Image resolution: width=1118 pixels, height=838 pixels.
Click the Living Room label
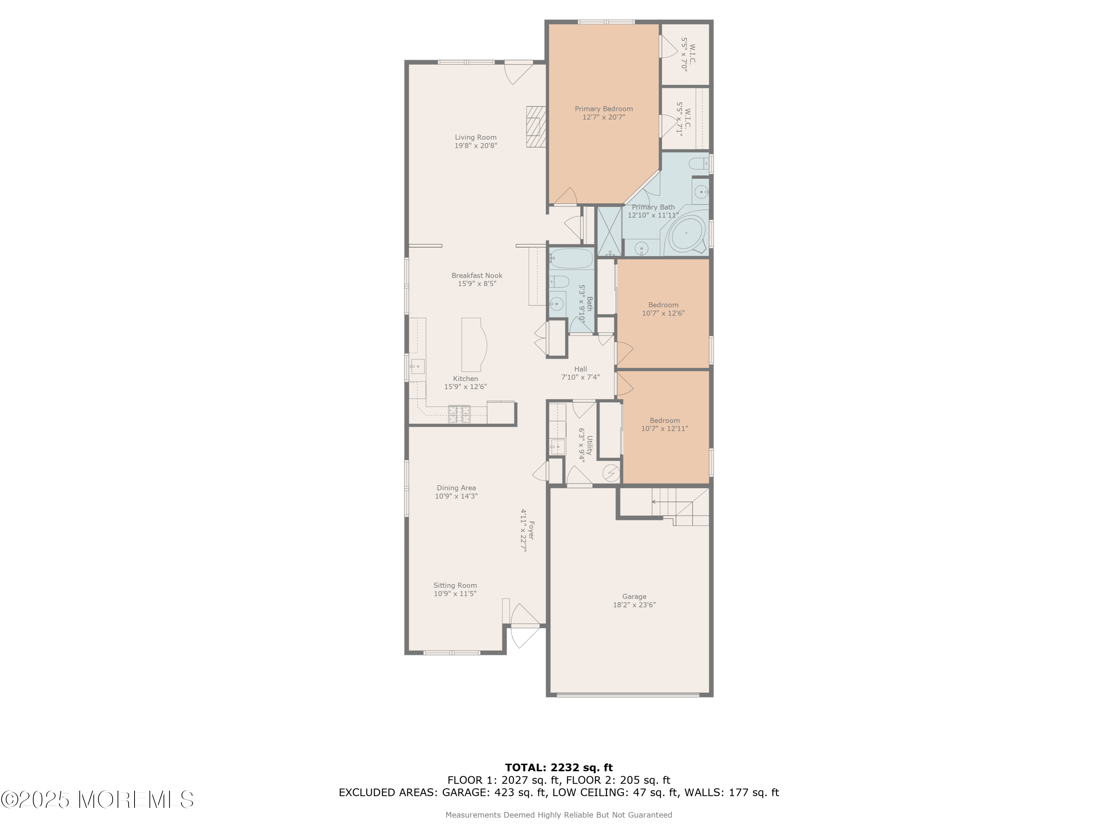476,137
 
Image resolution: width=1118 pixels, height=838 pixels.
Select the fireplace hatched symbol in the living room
536,127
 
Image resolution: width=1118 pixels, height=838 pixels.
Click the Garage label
634,597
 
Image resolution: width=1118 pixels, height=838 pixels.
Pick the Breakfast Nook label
477,275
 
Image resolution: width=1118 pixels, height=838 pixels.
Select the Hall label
581,369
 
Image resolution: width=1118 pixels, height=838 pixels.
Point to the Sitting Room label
455,585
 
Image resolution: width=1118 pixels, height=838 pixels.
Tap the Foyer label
531,530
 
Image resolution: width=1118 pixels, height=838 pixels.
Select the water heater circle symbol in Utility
611,473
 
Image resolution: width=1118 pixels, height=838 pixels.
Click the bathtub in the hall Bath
571,258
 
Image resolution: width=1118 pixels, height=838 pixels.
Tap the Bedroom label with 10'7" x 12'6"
663,305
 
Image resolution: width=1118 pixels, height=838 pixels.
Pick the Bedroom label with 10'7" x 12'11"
664,420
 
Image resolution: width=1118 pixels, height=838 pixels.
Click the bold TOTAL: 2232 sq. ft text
559,768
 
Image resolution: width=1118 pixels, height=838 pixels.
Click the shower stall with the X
610,231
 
